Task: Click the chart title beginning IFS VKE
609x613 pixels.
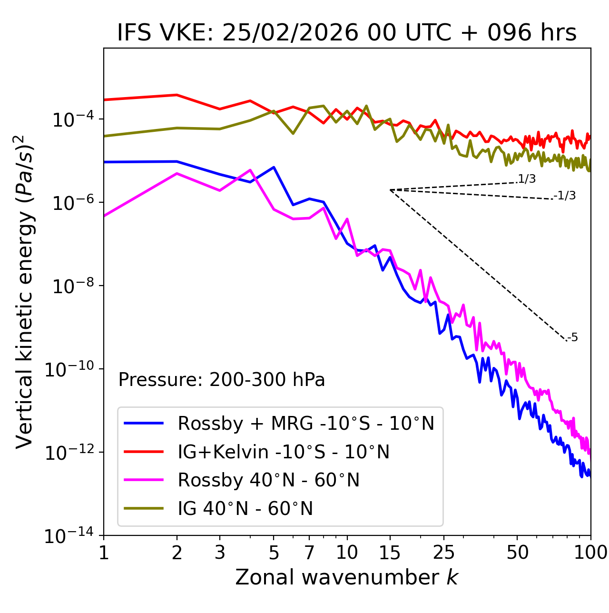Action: coord(347,33)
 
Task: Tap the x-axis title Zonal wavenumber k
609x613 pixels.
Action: coord(347,577)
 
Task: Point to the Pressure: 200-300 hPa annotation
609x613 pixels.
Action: coord(221,380)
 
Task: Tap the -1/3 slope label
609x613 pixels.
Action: coord(565,196)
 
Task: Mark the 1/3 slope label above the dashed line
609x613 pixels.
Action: coord(527,179)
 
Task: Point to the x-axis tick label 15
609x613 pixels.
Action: coord(390,553)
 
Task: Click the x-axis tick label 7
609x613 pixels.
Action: coord(309,553)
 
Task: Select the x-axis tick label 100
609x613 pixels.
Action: coord(590,553)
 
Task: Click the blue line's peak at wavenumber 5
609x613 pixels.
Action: coord(274,167)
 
